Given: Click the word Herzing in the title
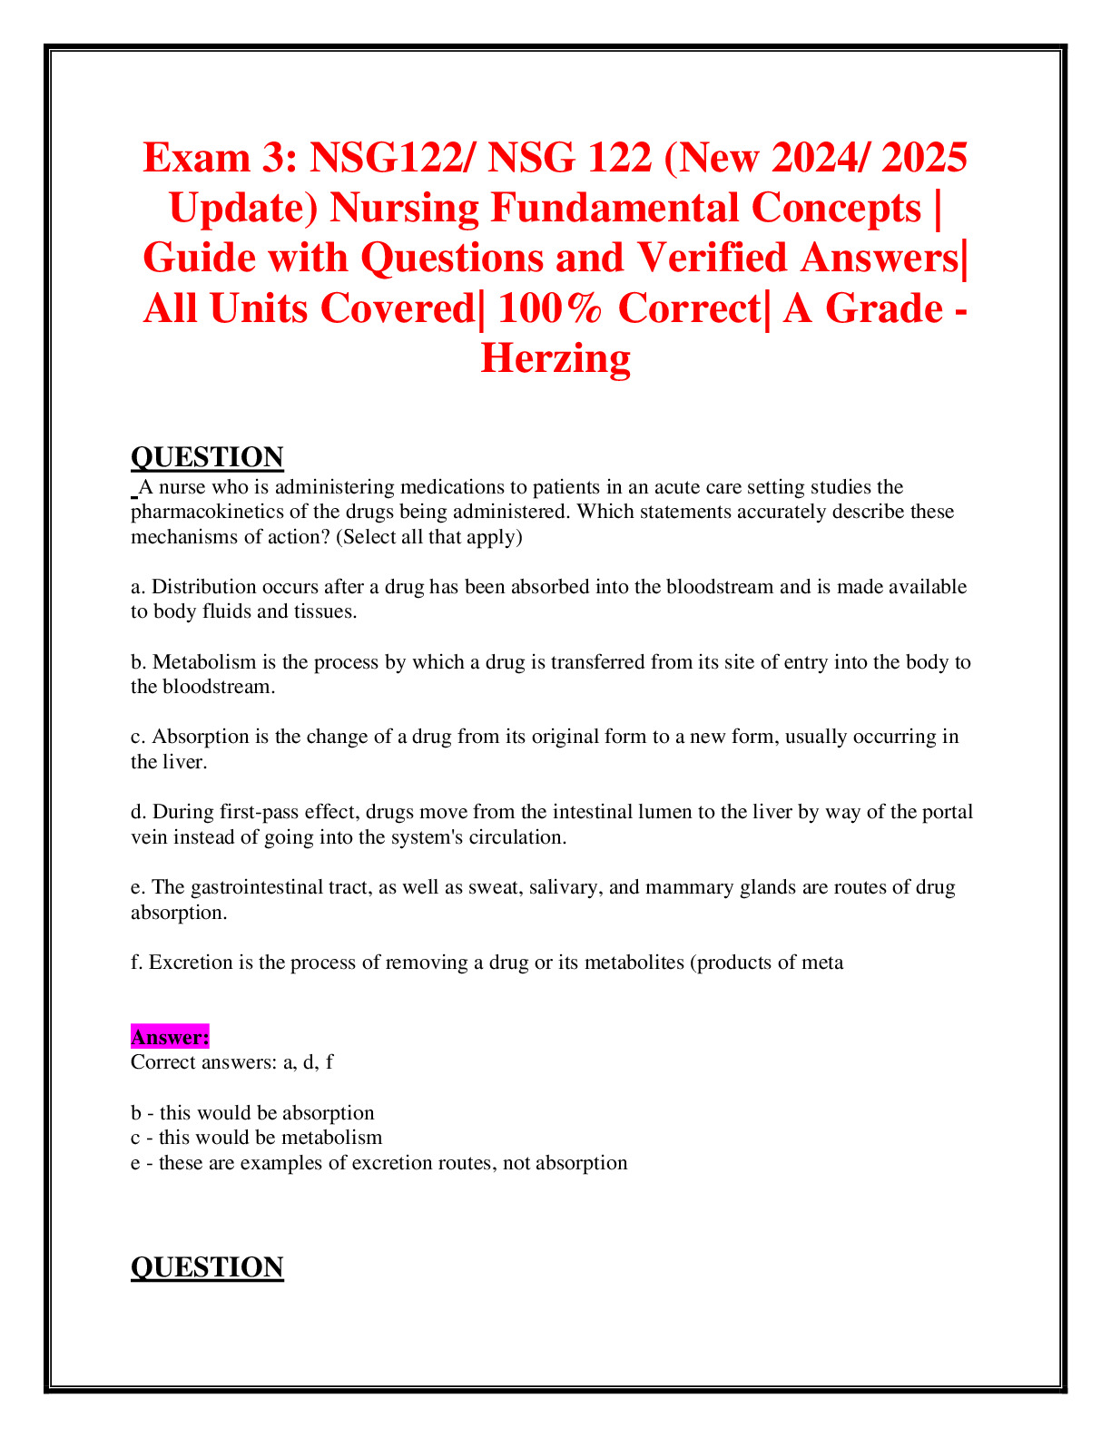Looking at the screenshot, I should pyautogui.click(x=555, y=358).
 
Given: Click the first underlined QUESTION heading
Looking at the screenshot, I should pyautogui.click(x=207, y=457).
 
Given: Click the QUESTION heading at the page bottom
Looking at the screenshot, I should pyautogui.click(x=207, y=1267).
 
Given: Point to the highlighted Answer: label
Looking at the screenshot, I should pyautogui.click(x=170, y=1037).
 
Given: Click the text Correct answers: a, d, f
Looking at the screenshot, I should pyautogui.click(x=231, y=1062).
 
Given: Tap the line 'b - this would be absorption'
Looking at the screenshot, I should pyautogui.click(x=252, y=1113).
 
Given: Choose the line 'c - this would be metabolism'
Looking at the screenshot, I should pyautogui.click(x=256, y=1138).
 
